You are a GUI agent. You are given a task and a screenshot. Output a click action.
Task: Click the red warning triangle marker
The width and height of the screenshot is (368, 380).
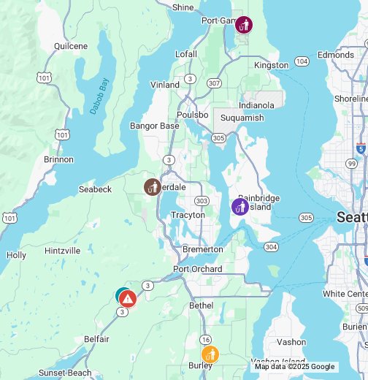(x=128, y=298)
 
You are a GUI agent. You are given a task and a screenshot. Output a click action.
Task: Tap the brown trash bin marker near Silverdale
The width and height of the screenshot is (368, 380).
(x=152, y=187)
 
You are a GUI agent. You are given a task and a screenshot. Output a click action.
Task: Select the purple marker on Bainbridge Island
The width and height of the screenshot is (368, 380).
(x=239, y=207)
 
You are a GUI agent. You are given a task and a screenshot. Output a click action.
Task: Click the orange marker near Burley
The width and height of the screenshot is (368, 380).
(x=210, y=355)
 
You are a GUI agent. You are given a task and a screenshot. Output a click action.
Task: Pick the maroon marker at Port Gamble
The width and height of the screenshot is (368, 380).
(x=244, y=26)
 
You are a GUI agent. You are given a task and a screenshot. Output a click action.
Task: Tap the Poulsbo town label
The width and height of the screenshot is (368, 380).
(x=193, y=115)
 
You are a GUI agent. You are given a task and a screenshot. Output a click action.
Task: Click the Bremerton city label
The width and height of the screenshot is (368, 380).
(x=202, y=249)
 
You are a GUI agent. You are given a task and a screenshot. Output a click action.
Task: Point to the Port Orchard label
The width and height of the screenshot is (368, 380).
(x=197, y=269)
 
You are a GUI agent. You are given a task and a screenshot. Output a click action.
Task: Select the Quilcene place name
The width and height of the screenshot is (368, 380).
(x=71, y=46)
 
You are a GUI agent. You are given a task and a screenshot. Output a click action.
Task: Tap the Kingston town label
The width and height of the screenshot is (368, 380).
(x=271, y=65)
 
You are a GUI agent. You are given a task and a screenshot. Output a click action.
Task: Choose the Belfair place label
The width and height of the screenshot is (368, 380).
(x=96, y=339)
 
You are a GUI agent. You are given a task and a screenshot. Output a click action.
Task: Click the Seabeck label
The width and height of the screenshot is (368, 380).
(x=95, y=189)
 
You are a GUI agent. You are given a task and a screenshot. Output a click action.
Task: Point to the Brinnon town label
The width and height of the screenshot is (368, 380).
(x=58, y=159)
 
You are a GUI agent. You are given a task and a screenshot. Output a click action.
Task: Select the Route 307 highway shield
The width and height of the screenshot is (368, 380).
(x=214, y=83)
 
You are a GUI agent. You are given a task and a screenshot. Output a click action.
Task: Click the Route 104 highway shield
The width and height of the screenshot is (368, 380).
(x=301, y=61)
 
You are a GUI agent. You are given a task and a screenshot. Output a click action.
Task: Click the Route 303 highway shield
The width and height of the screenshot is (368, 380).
(x=202, y=201)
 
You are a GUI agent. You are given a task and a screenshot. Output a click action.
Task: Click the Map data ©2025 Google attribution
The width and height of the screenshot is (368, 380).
(x=294, y=367)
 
